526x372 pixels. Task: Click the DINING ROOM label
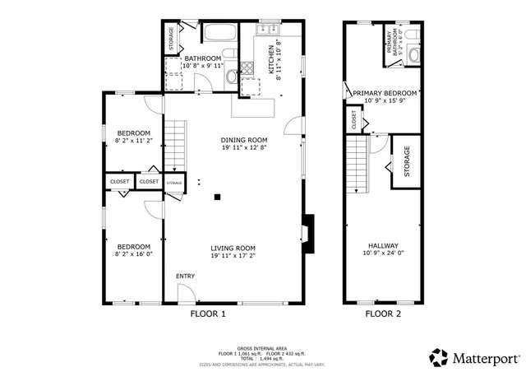click(x=245, y=139)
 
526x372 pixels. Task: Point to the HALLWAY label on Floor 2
click(x=383, y=245)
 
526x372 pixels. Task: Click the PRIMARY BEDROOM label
click(x=385, y=94)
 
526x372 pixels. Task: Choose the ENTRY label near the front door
click(x=185, y=276)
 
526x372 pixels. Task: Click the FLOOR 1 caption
click(x=208, y=314)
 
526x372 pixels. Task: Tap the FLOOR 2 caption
click(x=383, y=314)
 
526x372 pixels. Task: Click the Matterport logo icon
click(x=439, y=357)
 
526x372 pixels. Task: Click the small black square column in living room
click(x=217, y=197)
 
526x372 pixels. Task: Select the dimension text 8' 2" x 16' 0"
click(x=133, y=255)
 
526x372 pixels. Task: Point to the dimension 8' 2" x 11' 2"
click(x=133, y=141)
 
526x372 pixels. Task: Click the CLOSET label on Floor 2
click(x=353, y=121)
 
